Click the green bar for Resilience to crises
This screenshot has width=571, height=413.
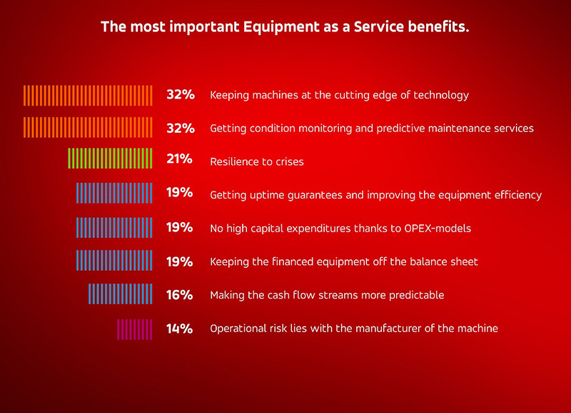click(x=111, y=159)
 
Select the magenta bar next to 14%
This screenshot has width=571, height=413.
click(x=135, y=329)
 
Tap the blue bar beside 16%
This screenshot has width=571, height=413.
click(x=121, y=294)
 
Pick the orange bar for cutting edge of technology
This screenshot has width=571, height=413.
click(x=88, y=95)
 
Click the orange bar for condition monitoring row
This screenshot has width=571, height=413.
click(x=88, y=128)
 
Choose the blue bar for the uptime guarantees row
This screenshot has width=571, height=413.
click(x=114, y=194)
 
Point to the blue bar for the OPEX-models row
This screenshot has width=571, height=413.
click(x=114, y=227)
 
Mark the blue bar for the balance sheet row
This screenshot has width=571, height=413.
click(x=114, y=261)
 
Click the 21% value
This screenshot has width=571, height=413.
click(x=179, y=159)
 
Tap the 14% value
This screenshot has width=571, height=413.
click(x=179, y=329)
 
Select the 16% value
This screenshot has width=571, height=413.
click(x=179, y=294)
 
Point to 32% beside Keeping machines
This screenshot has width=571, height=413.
click(x=180, y=95)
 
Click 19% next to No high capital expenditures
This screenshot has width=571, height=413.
click(x=179, y=227)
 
